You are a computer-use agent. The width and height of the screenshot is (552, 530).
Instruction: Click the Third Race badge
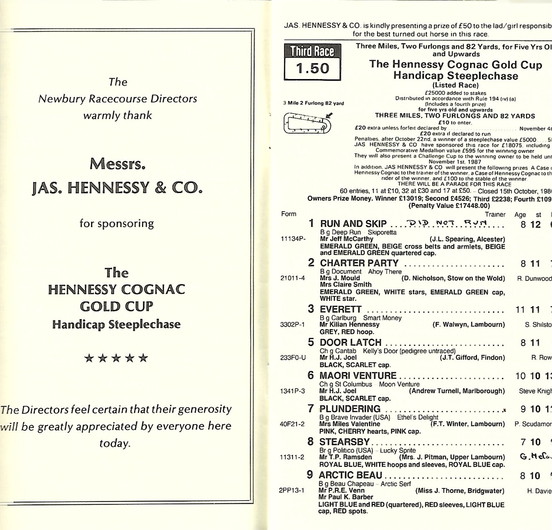[312, 51]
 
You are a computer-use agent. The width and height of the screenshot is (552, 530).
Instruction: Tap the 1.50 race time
[312, 69]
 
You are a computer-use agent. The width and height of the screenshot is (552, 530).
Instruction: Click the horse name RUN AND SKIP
[353, 224]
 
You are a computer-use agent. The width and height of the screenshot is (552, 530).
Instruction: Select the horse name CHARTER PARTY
[359, 263]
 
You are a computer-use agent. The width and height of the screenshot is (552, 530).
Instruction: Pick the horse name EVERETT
[341, 309]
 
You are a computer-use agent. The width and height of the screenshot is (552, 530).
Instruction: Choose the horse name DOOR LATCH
[350, 342]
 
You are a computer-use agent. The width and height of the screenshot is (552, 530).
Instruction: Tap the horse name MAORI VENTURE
[358, 376]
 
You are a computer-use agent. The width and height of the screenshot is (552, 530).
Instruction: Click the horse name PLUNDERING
[350, 409]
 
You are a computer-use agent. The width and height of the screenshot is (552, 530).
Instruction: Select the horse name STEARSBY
[344, 442]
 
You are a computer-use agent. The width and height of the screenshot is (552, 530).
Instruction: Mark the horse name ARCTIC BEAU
[350, 475]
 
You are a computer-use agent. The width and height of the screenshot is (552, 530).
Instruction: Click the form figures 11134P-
[293, 239]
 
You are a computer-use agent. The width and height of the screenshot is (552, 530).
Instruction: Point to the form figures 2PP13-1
[291, 491]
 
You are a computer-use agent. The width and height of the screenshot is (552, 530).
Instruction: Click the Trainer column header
[495, 214]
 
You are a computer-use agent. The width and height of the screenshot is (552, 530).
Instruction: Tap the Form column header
[289, 214]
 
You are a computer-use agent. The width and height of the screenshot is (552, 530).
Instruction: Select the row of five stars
[116, 358]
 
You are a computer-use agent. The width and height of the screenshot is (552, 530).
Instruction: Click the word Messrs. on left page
[117, 164]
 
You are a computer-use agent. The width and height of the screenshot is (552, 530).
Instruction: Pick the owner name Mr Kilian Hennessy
[349, 324]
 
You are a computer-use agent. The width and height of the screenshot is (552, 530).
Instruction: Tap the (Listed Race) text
[455, 85]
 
